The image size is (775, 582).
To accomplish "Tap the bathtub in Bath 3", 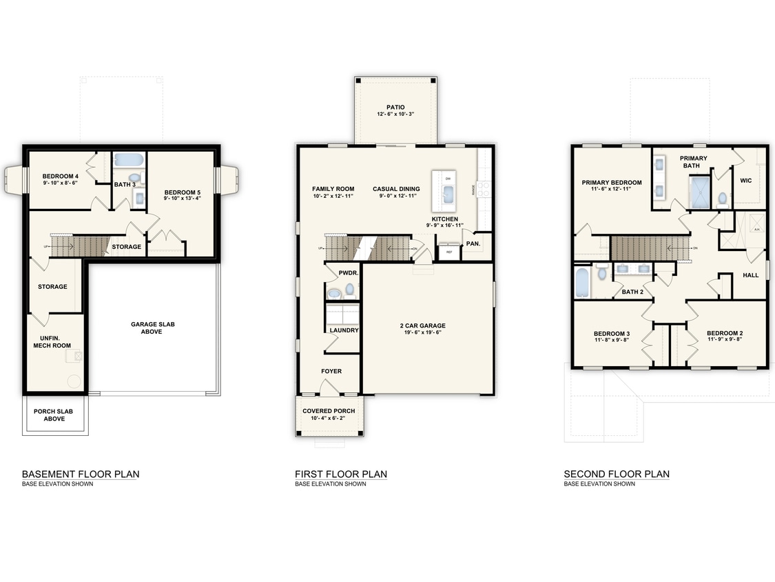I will click(x=128, y=160).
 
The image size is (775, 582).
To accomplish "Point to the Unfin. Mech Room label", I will click(x=52, y=341).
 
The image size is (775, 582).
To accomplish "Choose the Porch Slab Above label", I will click(x=53, y=415).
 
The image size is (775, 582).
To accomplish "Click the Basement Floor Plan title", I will click(x=81, y=474).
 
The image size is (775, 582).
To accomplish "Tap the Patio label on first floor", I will click(x=395, y=107).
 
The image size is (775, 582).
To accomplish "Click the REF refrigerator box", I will click(x=449, y=252).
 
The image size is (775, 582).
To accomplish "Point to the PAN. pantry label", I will click(x=473, y=243).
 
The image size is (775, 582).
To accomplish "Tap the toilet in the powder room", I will click(x=349, y=289).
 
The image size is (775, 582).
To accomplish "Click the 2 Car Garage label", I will click(x=423, y=325).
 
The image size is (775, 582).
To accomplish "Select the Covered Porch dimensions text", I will click(x=329, y=419).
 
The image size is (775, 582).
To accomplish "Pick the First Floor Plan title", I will click(x=341, y=474).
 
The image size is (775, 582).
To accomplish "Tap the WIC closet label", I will click(x=745, y=180).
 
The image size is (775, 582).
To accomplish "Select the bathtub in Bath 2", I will click(x=582, y=282).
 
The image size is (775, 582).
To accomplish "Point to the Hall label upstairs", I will click(x=750, y=275).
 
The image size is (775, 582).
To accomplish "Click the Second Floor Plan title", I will click(x=617, y=474).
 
